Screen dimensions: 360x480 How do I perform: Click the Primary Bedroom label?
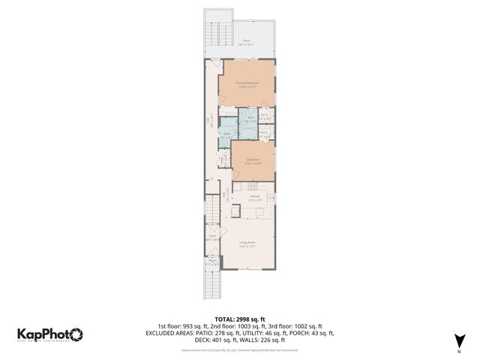247,85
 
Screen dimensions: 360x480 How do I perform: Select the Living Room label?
247,244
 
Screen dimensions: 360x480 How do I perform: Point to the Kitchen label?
255,198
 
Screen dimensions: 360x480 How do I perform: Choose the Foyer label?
212,238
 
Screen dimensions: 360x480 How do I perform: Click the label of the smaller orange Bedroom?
253,161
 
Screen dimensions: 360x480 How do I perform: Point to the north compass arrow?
458,341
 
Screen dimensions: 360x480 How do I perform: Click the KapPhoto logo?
50,334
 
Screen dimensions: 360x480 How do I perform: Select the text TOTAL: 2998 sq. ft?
240,319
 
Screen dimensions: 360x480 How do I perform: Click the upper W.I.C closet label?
264,116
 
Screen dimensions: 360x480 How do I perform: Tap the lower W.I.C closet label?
264,135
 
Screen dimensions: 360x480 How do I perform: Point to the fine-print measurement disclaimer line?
240,349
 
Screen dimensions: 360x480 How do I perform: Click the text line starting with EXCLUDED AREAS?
240,333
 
